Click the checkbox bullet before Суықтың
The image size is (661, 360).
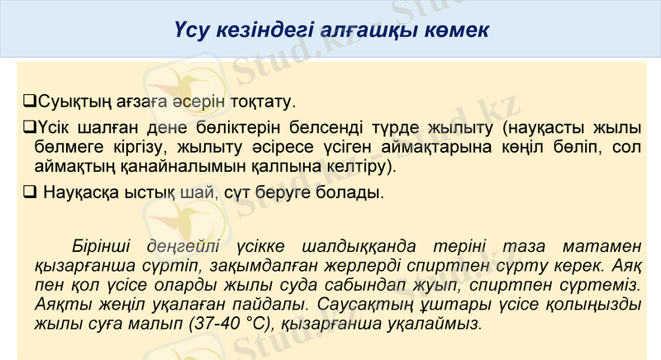pos(28,102)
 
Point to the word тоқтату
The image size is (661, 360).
pos(261,102)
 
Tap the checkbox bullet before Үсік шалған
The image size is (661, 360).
pos(28,129)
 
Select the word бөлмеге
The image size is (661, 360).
pos(71,148)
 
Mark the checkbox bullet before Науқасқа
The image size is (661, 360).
pos(29,195)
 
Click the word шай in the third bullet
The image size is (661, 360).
pos(206,196)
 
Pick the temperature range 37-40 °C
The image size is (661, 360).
pos(230,323)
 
